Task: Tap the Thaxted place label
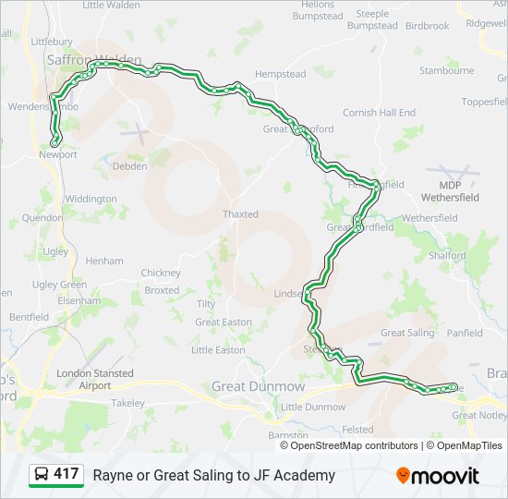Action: pos(240,214)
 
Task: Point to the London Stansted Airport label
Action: pos(95,379)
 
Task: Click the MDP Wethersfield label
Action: pos(451,191)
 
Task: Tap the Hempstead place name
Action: pos(280,73)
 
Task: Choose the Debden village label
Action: pos(129,166)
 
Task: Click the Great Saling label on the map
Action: pos(407,333)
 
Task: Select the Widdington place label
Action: pos(91,199)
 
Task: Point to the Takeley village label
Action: pos(128,403)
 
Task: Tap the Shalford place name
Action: pos(448,256)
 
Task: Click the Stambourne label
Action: pos(446,70)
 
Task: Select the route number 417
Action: pos(67,474)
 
